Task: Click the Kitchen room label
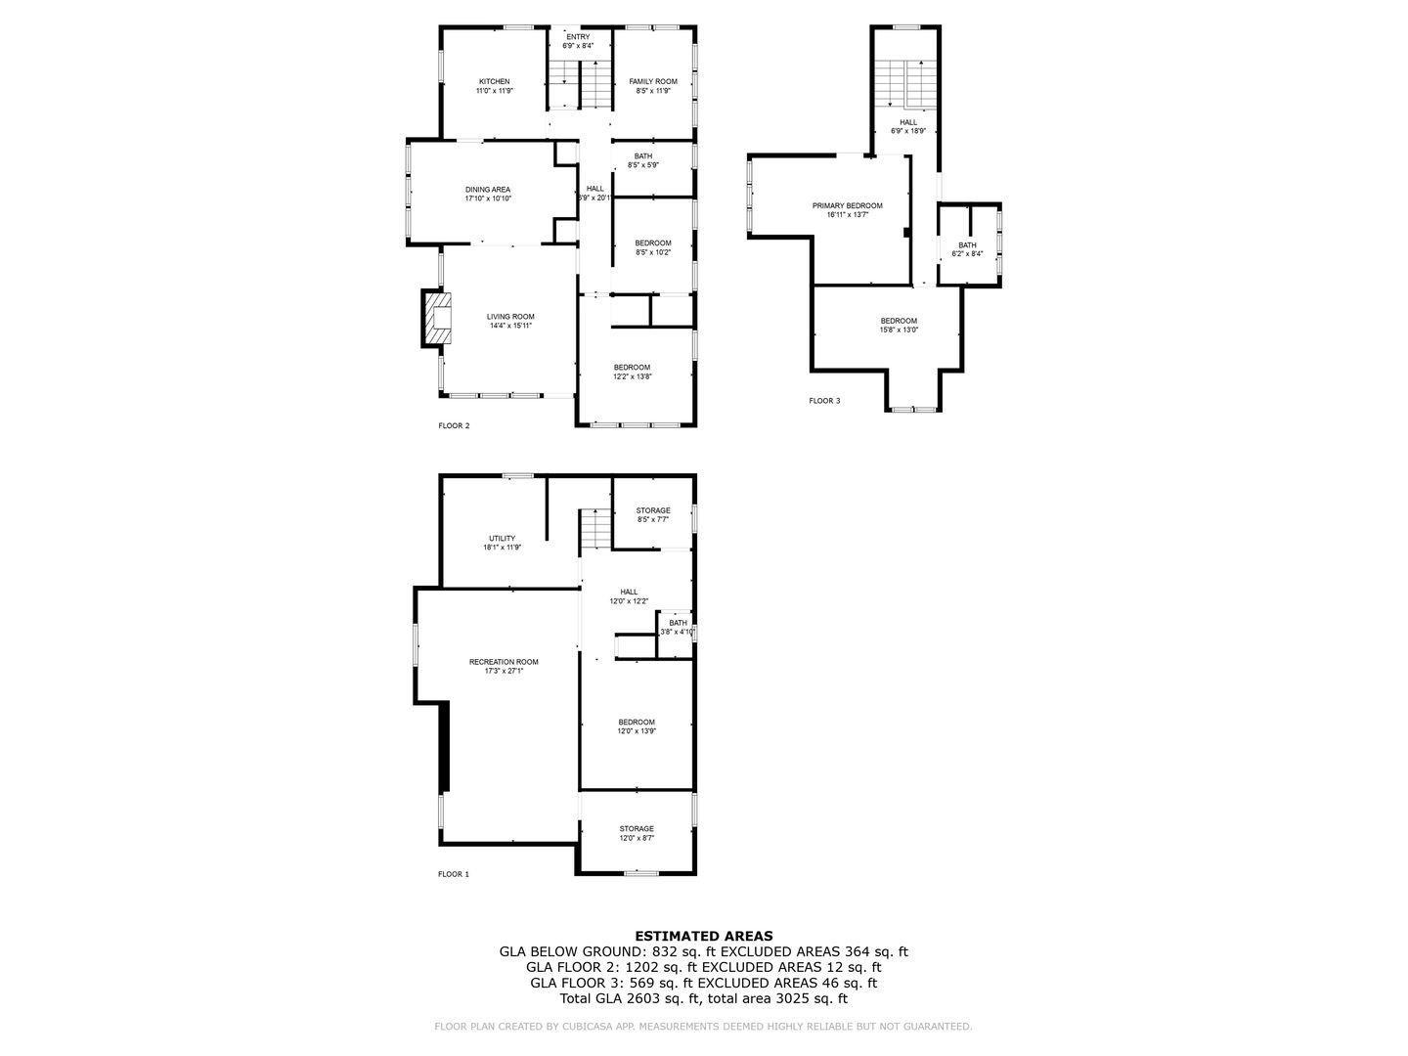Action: (494, 81)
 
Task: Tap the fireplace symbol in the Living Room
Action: (438, 317)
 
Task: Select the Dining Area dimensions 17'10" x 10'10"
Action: (488, 198)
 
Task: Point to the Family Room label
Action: (652, 81)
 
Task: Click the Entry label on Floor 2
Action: (578, 37)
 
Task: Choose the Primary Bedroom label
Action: (847, 205)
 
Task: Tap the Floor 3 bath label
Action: (966, 245)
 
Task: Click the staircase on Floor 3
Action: (905, 83)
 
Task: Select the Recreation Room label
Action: (504, 662)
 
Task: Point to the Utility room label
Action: (502, 539)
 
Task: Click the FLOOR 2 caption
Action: (454, 425)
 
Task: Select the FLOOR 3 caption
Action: (824, 401)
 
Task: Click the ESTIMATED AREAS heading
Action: (704, 936)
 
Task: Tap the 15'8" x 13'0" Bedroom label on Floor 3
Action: (899, 321)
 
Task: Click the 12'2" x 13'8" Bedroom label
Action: (632, 368)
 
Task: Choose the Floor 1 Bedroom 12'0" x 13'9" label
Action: (636, 722)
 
